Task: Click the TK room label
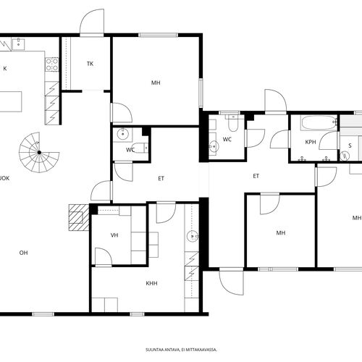pyautogui.click(x=90, y=64)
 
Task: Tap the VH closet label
pyautogui.click(x=114, y=235)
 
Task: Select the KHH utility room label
pyautogui.click(x=151, y=283)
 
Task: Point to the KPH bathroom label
pyautogui.click(x=311, y=142)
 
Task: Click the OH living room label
pyautogui.click(x=23, y=253)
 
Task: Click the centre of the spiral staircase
pyautogui.click(x=39, y=152)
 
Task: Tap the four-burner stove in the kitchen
pyautogui.click(x=52, y=64)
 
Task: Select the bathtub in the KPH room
pyautogui.click(x=319, y=123)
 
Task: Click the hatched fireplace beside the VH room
pyautogui.click(x=79, y=217)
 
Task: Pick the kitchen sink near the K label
pyautogui.click(x=18, y=43)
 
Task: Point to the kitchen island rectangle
pyautogui.click(x=11, y=101)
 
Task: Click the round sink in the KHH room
pyautogui.click(x=193, y=236)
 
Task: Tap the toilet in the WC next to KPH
pyautogui.click(x=233, y=123)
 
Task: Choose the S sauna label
pyautogui.click(x=350, y=146)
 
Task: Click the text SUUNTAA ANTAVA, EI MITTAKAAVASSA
pyautogui.click(x=181, y=350)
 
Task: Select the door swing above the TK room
pyautogui.click(x=92, y=22)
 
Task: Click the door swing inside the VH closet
pyautogui.click(x=104, y=257)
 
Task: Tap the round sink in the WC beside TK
pyautogui.click(x=122, y=134)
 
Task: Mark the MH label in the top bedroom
pyautogui.click(x=156, y=83)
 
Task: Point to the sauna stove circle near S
pyautogui.click(x=345, y=156)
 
